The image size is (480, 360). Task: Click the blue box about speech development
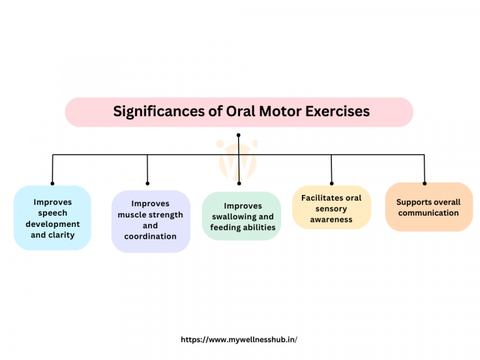coord(52,218)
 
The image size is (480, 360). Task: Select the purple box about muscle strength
coord(151,221)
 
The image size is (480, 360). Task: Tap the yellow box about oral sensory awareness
coord(331,208)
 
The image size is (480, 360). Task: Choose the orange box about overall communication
coord(429,207)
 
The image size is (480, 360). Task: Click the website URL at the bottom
coord(239,339)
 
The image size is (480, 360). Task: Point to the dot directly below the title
coord(239,134)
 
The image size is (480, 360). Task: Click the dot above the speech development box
coord(52,183)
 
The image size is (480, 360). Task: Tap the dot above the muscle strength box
coord(147,183)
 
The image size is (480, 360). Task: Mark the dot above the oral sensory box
coord(331,183)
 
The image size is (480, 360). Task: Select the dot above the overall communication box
coord(424,183)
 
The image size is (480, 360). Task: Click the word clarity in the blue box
coord(62,235)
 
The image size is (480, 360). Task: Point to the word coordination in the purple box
coord(151,237)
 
